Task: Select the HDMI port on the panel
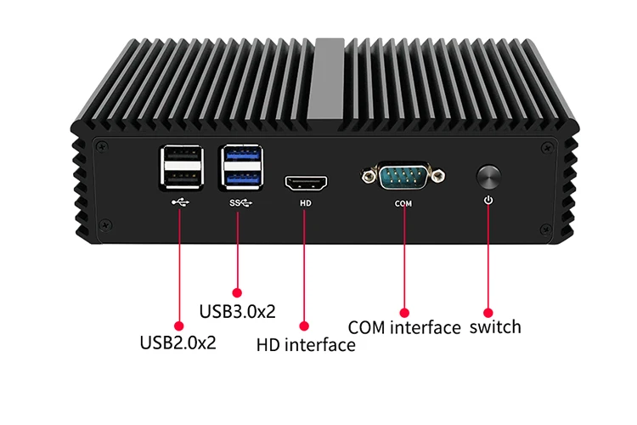click(307, 182)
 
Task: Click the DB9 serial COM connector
click(403, 176)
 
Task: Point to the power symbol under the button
click(488, 201)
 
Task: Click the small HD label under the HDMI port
click(306, 203)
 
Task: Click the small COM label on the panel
click(403, 203)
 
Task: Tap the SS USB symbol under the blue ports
click(240, 203)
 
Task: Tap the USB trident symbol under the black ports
click(180, 203)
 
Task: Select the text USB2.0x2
click(178, 344)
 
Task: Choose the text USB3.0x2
click(237, 311)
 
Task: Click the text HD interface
click(306, 345)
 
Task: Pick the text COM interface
click(404, 327)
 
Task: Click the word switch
click(495, 326)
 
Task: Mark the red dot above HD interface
click(305, 325)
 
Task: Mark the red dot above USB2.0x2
click(178, 325)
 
